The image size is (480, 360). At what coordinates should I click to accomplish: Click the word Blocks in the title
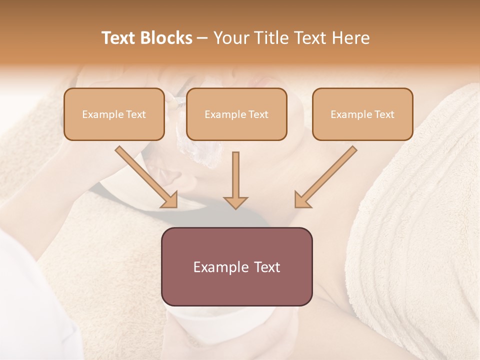(166, 38)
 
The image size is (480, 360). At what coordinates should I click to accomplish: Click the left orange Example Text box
(114, 114)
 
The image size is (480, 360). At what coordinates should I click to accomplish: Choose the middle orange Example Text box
(236, 114)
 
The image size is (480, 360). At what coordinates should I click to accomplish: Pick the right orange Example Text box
(362, 114)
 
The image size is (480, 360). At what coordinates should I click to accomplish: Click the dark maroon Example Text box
(236, 266)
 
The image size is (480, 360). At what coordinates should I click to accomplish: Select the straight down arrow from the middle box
(235, 180)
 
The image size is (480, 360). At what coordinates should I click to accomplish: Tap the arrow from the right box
(325, 177)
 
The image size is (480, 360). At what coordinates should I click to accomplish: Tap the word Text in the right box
(384, 114)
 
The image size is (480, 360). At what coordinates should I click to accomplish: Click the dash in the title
(202, 38)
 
